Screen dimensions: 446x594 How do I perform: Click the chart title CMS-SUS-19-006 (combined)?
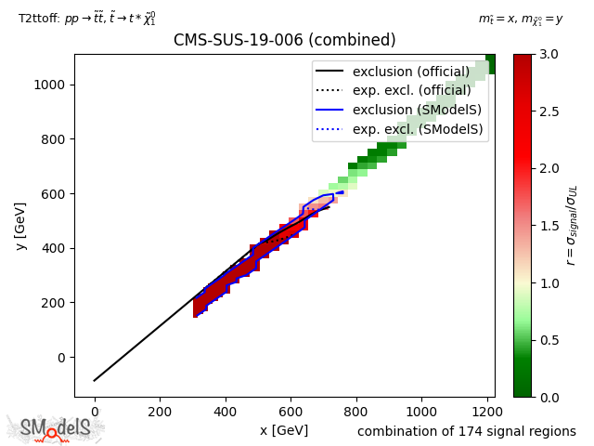tap(284, 40)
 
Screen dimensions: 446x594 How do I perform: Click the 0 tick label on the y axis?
tap(62, 358)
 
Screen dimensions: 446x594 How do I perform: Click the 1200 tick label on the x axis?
tap(487, 411)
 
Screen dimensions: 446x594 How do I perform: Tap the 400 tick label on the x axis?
tap(225, 411)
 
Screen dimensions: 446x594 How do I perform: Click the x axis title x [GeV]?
tap(283, 430)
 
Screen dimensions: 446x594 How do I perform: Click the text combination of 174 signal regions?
tap(466, 431)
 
